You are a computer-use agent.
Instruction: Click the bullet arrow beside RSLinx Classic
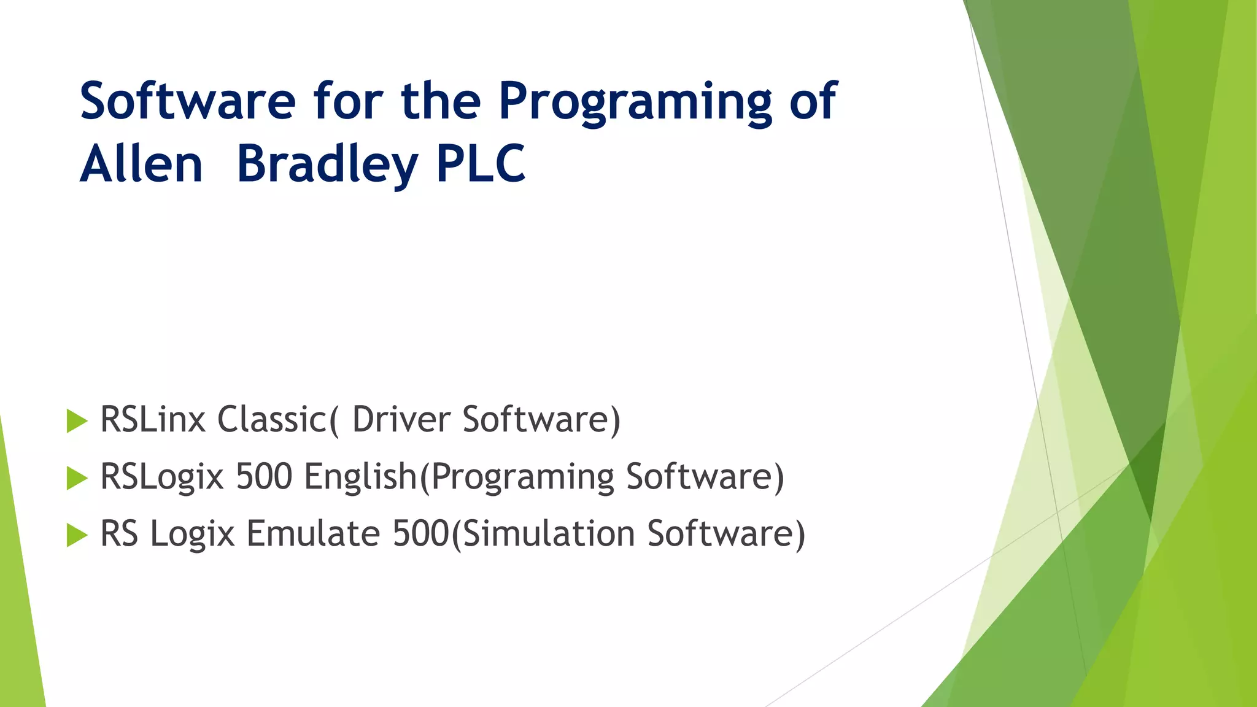[x=77, y=421]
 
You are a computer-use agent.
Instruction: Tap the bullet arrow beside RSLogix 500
[x=77, y=478]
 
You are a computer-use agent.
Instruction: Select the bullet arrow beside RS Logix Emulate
[x=77, y=535]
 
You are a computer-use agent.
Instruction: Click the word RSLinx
[x=153, y=420]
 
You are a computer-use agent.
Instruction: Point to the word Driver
[x=401, y=420]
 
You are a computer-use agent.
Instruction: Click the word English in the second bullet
[x=361, y=477]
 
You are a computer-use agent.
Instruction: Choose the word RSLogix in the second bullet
[x=162, y=477]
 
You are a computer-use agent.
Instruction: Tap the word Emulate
[x=313, y=533]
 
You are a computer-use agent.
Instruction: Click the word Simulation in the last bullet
[x=548, y=533]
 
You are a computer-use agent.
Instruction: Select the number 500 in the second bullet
[x=264, y=477]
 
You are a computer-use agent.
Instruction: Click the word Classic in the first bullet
[x=273, y=420]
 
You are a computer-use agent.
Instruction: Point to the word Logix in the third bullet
[x=193, y=533]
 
